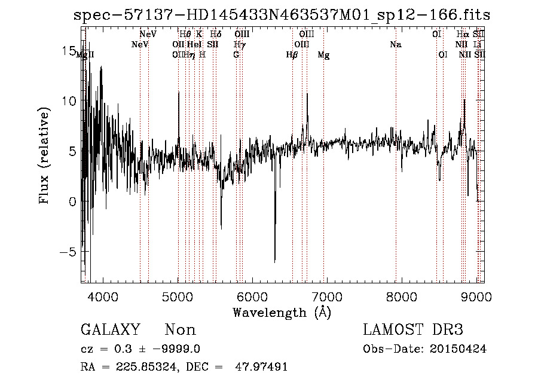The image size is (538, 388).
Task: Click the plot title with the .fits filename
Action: pos(285,15)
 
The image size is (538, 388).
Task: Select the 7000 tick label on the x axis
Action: pos(327,297)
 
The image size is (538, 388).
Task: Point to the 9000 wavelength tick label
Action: pos(476,297)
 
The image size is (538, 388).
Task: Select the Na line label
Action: pos(395,44)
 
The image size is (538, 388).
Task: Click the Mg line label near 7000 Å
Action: pos(323,55)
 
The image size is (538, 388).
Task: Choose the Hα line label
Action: pos(463,34)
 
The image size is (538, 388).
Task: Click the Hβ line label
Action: pos(292,55)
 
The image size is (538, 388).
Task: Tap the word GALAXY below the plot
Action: pos(110,330)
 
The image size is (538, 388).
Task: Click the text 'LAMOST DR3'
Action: pos(413,330)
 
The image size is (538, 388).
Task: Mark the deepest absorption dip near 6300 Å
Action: pos(275,261)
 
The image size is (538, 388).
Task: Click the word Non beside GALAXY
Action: pos(180,330)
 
